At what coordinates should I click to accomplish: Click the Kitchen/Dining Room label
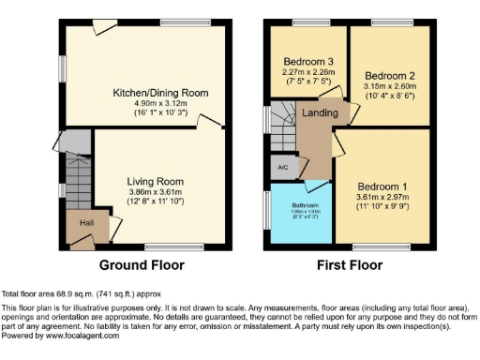(160, 93)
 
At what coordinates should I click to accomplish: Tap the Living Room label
(156, 181)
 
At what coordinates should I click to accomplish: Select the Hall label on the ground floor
(86, 223)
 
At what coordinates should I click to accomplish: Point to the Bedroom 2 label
(390, 75)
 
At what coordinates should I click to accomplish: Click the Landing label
(321, 113)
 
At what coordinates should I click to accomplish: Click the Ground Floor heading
(142, 265)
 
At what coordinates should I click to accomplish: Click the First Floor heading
(348, 265)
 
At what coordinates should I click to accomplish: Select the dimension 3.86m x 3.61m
(156, 191)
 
